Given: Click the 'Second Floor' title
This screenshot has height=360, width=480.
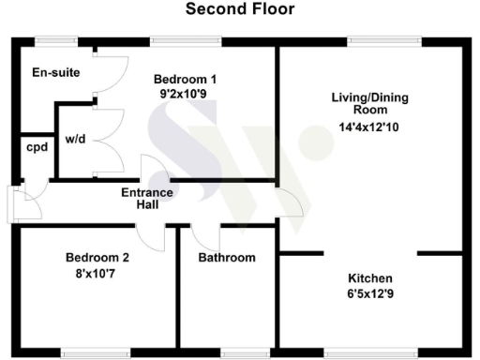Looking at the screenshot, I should [239, 10].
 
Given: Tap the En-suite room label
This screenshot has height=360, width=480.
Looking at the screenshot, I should [55, 72].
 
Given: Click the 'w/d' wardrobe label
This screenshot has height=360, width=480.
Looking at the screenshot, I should [76, 141].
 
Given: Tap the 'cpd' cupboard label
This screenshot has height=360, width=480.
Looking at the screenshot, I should [37, 147].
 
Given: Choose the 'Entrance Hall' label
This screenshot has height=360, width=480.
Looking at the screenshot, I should [147, 199].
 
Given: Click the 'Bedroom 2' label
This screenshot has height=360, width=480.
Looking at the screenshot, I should [97, 258].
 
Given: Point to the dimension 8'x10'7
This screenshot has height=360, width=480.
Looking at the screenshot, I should [97, 275].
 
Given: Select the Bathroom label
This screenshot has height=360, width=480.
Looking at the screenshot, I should [227, 258].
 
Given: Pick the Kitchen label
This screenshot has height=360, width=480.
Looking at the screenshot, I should [370, 279].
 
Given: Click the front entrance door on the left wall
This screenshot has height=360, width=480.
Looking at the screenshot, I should [13, 204].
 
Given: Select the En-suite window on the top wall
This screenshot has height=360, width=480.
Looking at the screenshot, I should [55, 39].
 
